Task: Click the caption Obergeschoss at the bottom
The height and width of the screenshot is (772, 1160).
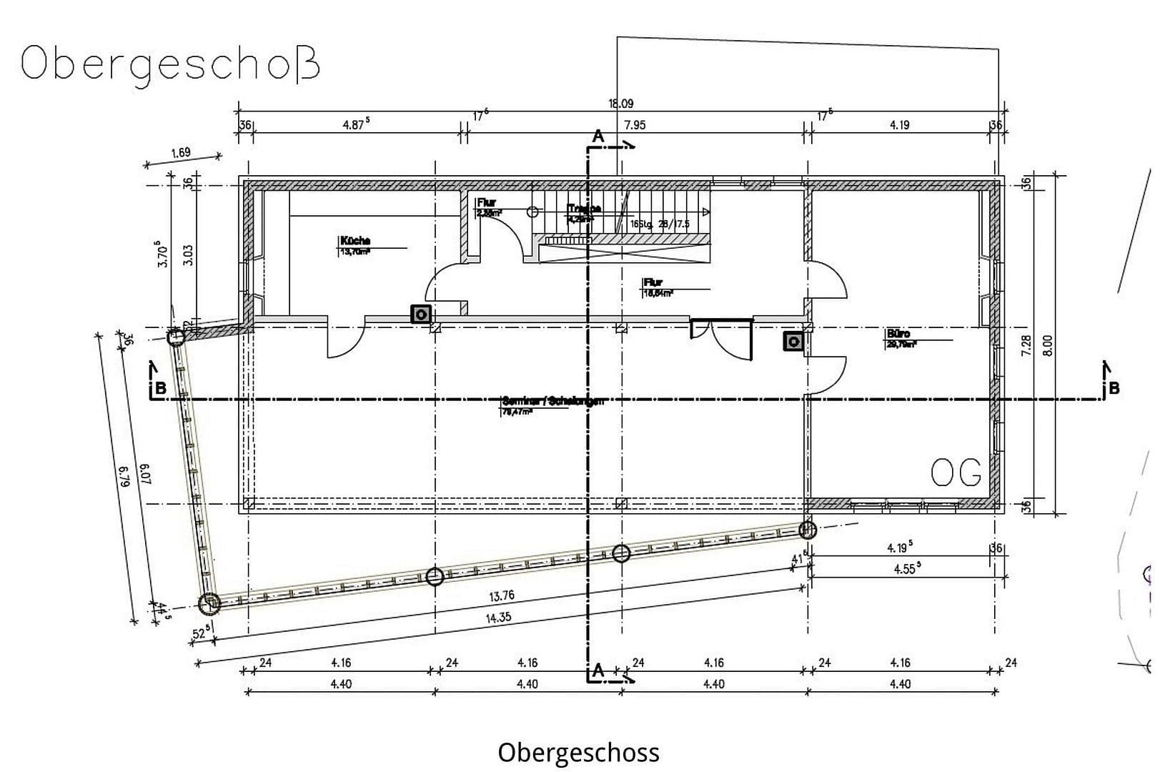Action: pyautogui.click(x=578, y=752)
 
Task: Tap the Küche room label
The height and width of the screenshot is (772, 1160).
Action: pyautogui.click(x=355, y=241)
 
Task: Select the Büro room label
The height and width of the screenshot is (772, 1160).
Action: pyautogui.click(x=898, y=334)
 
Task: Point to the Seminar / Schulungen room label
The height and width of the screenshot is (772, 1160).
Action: pyautogui.click(x=552, y=401)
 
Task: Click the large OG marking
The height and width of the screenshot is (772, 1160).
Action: pyautogui.click(x=956, y=473)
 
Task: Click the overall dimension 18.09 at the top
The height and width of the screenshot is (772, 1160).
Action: pyautogui.click(x=620, y=104)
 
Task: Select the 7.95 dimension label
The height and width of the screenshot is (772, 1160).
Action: pyautogui.click(x=634, y=125)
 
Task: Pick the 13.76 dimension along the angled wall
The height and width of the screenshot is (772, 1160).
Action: pyautogui.click(x=501, y=595)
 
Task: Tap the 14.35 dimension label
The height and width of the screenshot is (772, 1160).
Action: pyautogui.click(x=498, y=618)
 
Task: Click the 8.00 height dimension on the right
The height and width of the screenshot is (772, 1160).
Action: pyautogui.click(x=1048, y=345)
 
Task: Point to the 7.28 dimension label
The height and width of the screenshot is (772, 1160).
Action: pyautogui.click(x=1026, y=345)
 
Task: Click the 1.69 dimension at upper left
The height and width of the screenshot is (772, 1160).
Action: pyautogui.click(x=181, y=152)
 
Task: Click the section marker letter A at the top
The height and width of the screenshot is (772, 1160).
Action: pyautogui.click(x=598, y=137)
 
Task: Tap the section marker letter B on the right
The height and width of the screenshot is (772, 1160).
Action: pyautogui.click(x=1113, y=389)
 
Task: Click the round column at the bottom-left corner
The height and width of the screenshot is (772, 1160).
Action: pyautogui.click(x=209, y=604)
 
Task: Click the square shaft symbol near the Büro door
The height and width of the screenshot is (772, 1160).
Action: pyautogui.click(x=793, y=342)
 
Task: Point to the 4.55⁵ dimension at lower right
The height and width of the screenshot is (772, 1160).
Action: pyautogui.click(x=907, y=570)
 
